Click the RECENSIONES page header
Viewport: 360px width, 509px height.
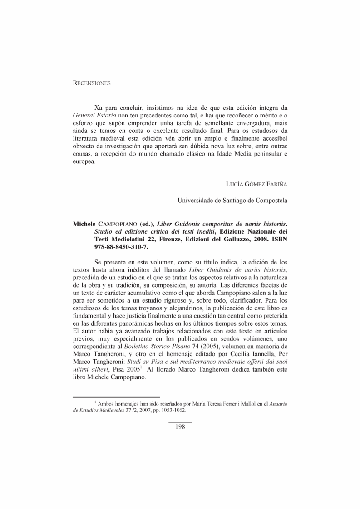[x=92, y=83]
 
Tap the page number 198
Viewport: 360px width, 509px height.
[x=180, y=426]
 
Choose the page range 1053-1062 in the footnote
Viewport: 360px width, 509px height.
[x=172, y=410]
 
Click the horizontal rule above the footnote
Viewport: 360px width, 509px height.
[x=117, y=397]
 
